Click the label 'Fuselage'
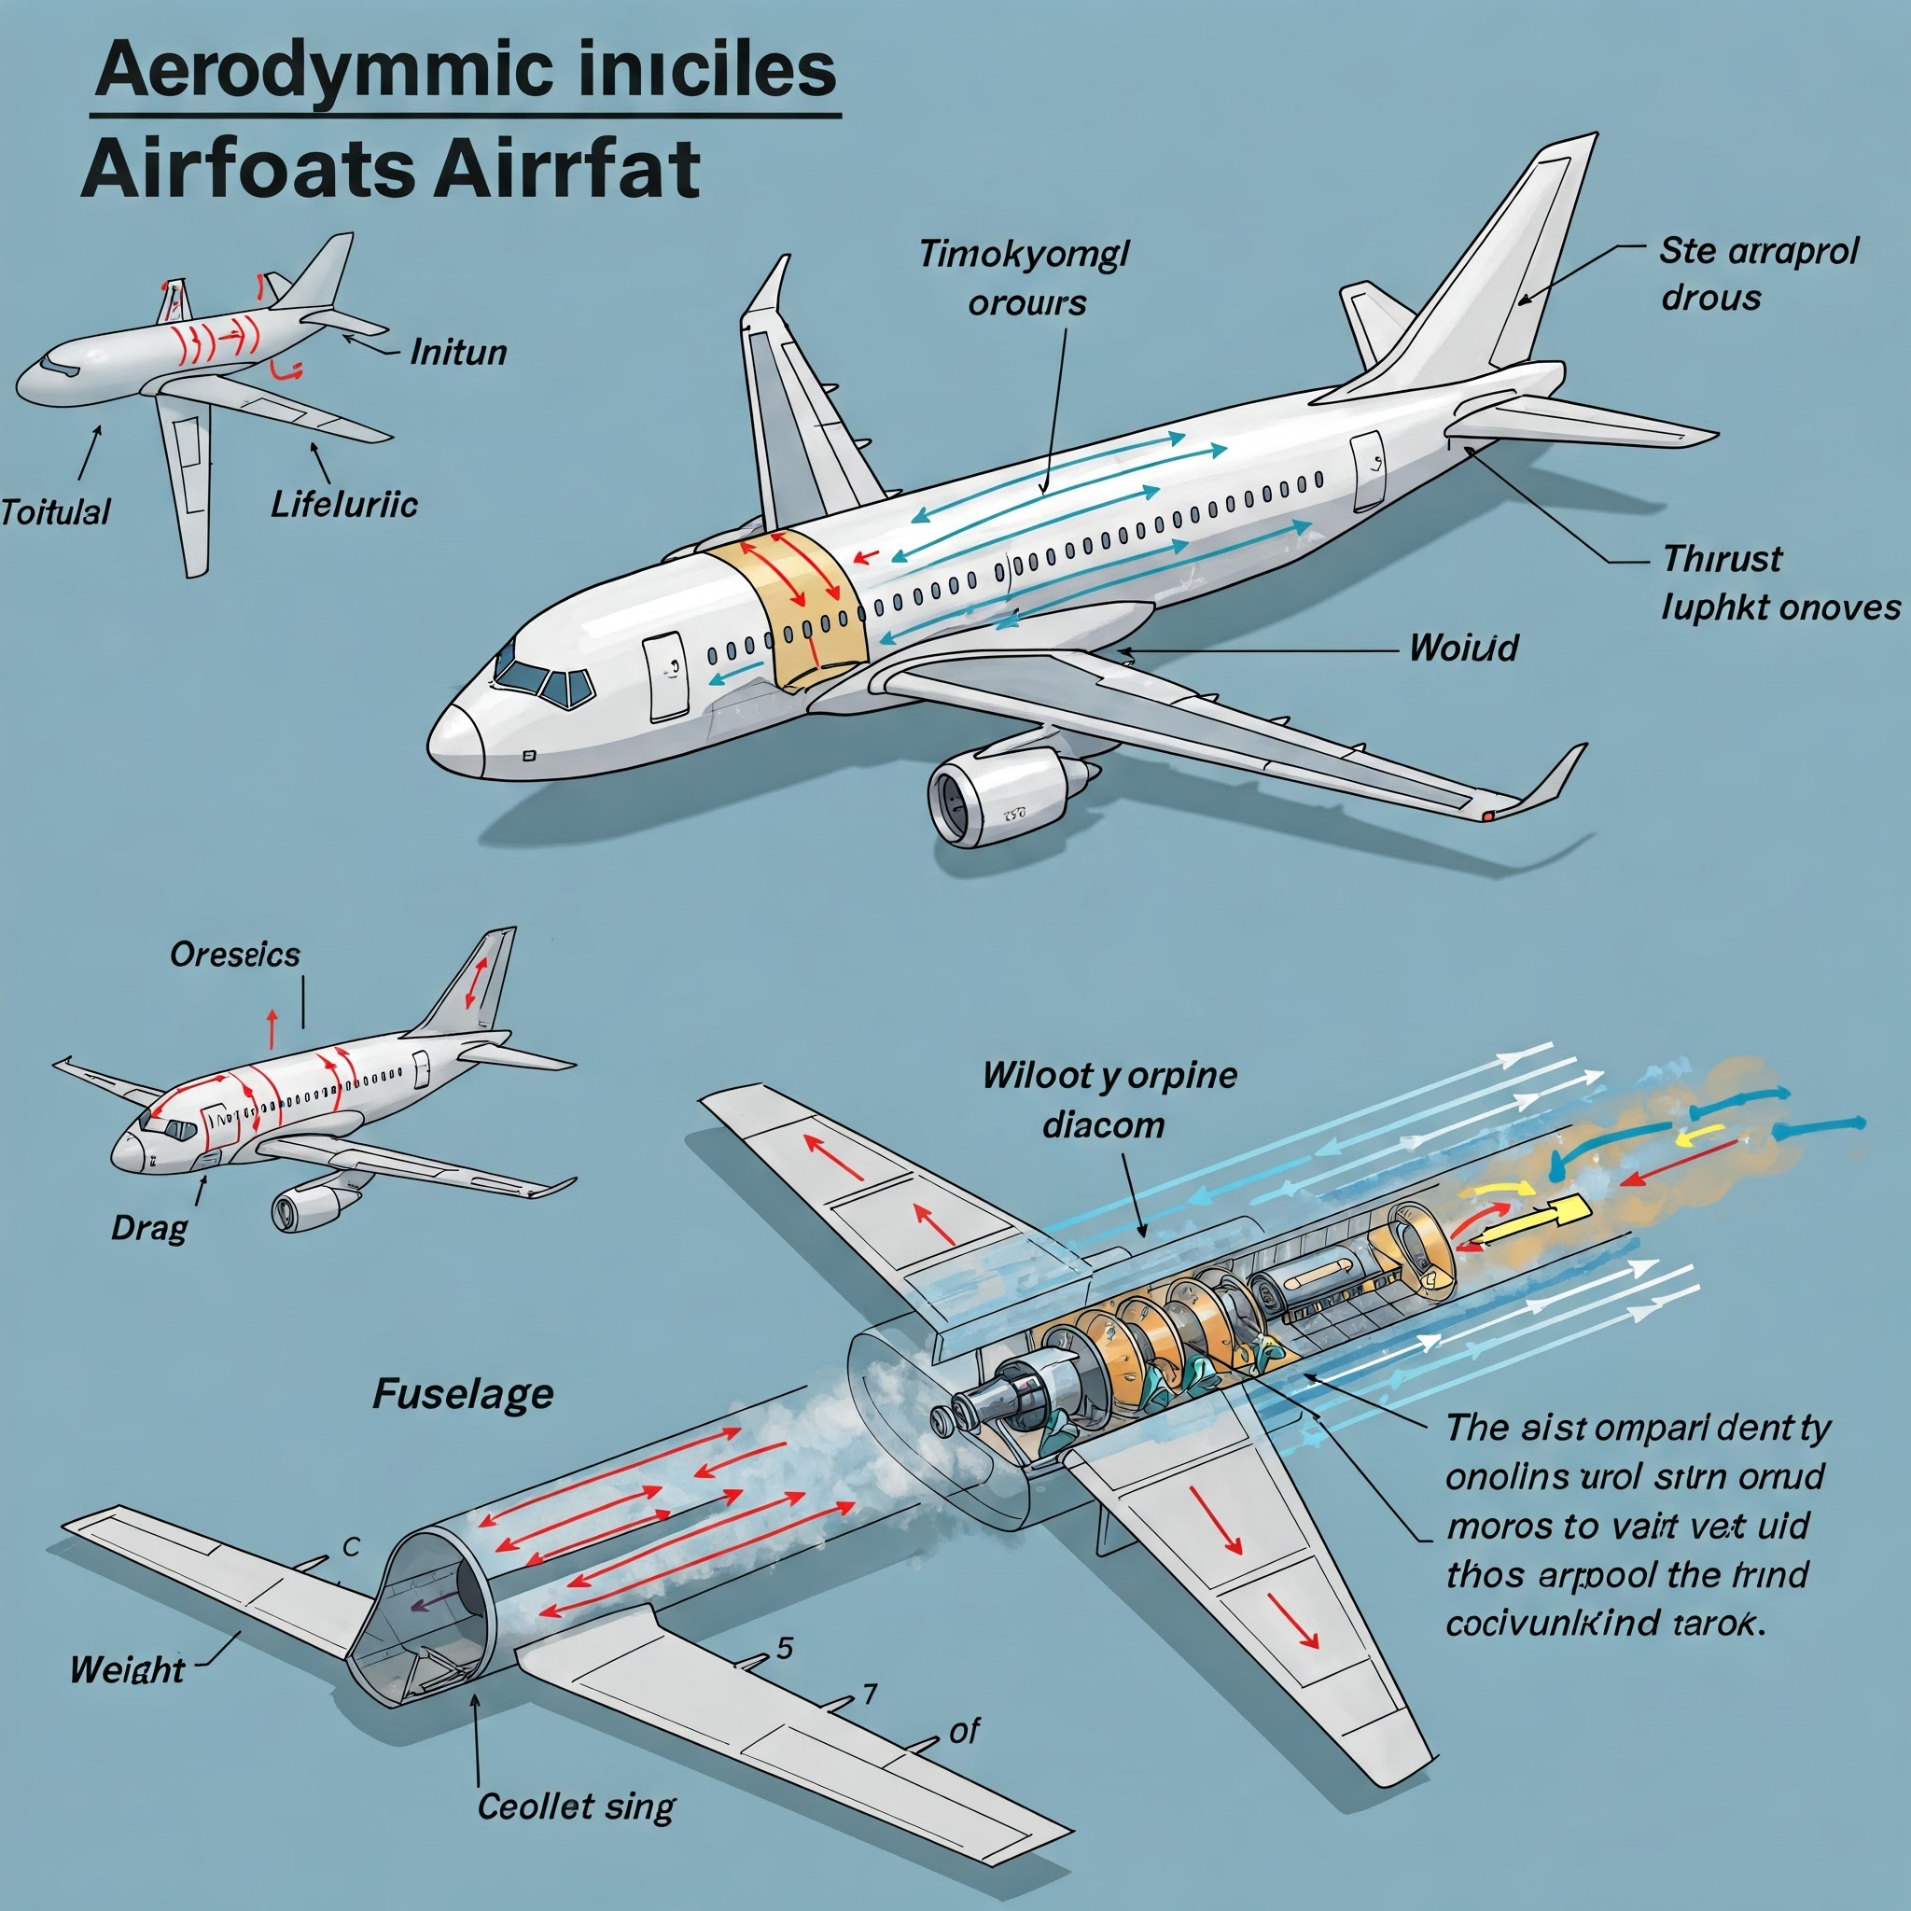[463, 1395]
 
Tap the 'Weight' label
[127, 1669]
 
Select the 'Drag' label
[148, 1229]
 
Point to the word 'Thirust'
[1723, 559]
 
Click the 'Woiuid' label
[1463, 648]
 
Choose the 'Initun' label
[458, 352]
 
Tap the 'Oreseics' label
[234, 955]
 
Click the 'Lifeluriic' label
[344, 505]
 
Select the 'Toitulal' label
[55, 512]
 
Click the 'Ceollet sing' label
[576, 1806]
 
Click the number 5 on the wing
[785, 1648]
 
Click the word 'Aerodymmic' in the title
[326, 70]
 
